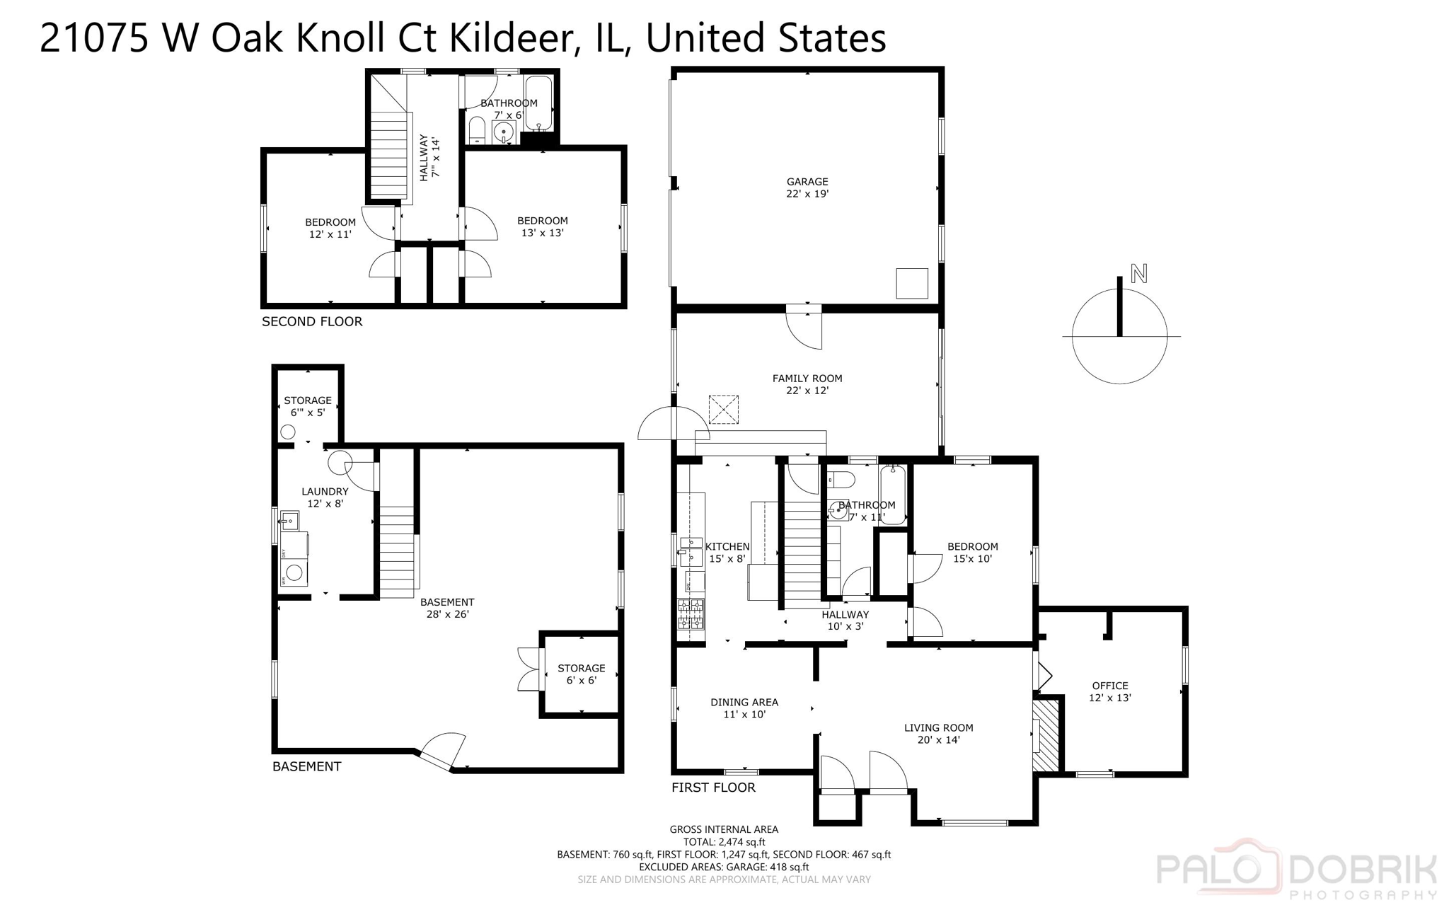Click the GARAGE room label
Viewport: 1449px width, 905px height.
coord(807,188)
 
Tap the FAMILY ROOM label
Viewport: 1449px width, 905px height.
coord(807,384)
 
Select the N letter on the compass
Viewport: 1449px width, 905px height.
coord(1138,273)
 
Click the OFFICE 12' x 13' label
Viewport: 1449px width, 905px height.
coord(1109,691)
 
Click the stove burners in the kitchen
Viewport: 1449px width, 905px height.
coord(691,613)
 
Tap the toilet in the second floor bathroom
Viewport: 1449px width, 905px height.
coord(477,131)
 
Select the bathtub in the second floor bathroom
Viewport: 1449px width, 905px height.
coord(538,103)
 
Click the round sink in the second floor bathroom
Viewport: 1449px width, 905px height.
coord(504,132)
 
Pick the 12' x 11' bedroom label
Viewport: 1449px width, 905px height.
coord(330,228)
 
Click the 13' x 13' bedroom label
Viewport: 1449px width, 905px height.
coord(542,226)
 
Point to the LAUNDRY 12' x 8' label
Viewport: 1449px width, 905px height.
coord(325,497)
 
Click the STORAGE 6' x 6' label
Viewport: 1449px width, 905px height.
coord(581,674)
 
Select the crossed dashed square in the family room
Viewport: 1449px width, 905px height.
coord(723,410)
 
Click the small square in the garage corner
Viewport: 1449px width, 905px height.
coord(911,283)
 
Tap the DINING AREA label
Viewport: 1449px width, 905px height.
coord(744,708)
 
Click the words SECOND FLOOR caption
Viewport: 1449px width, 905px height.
coord(312,322)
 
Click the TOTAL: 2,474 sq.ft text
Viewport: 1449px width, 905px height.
coord(724,842)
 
